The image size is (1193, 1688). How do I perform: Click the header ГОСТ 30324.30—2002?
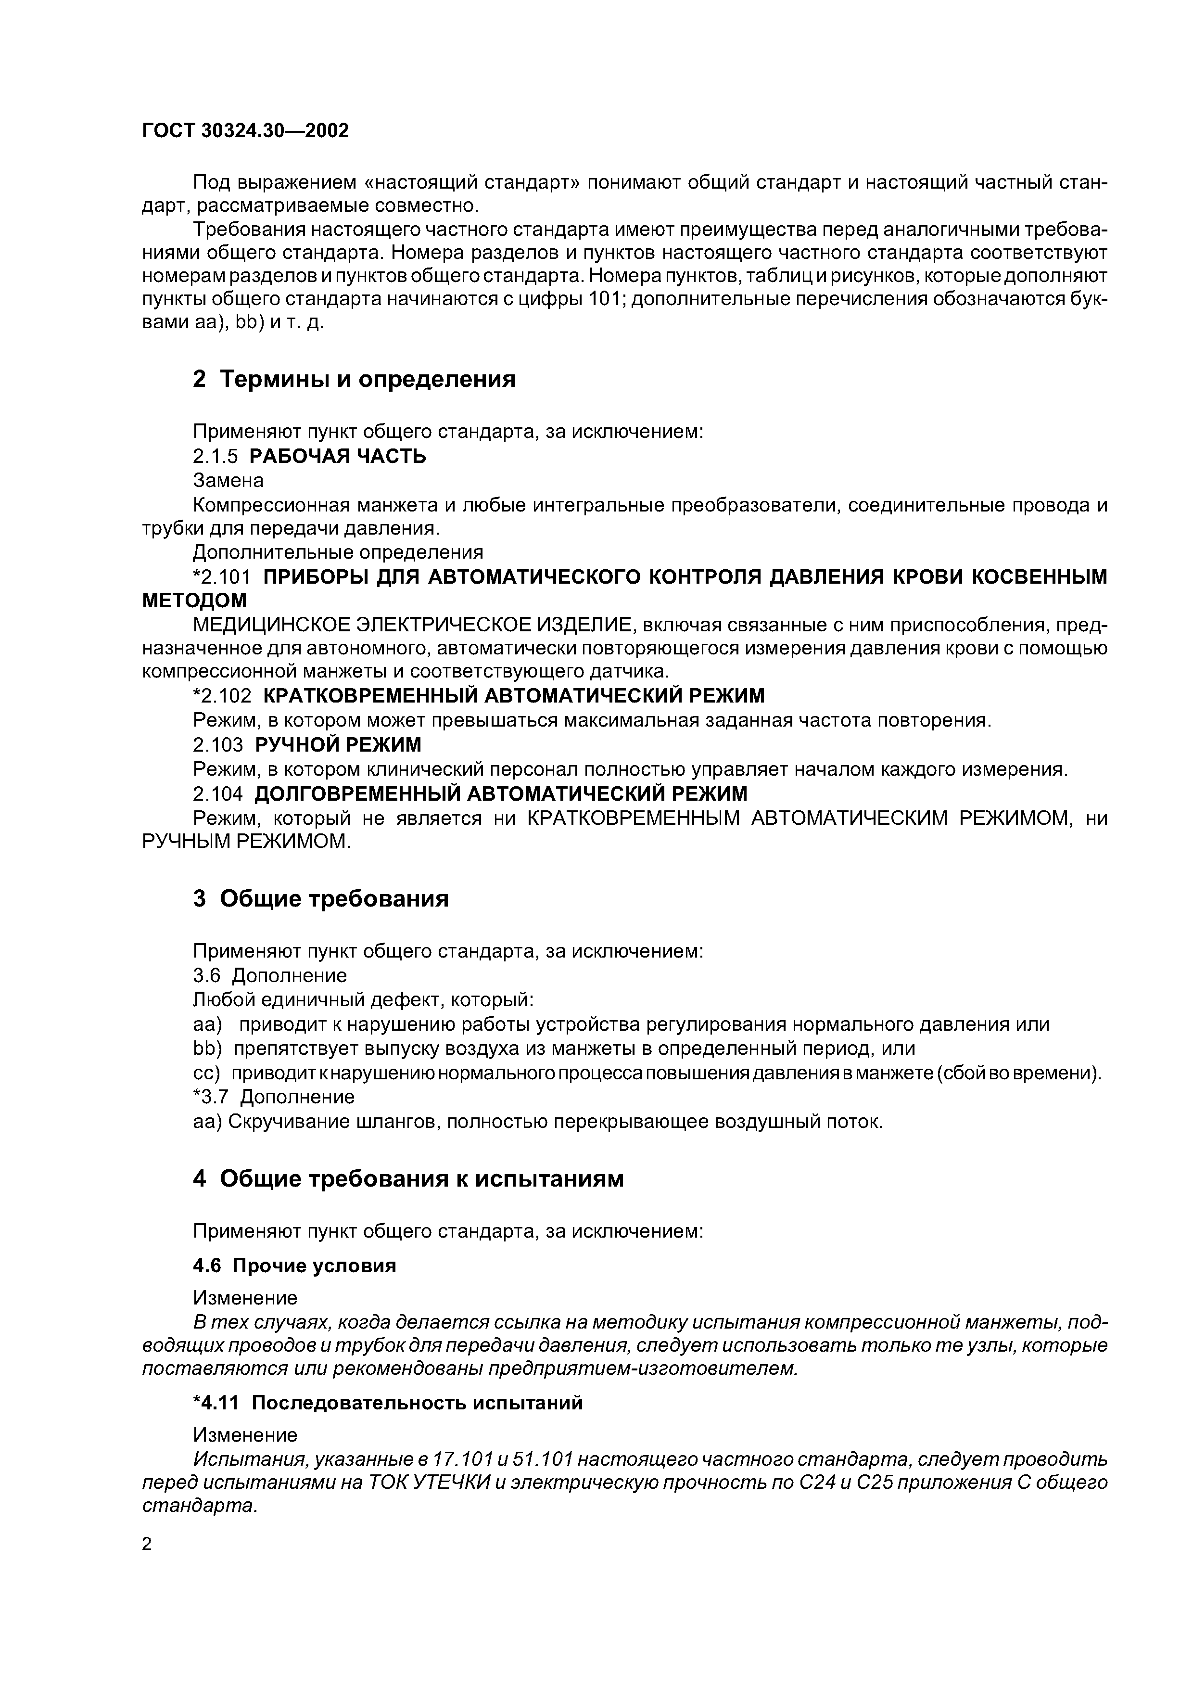point(245,131)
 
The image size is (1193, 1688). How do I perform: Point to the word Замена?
point(228,480)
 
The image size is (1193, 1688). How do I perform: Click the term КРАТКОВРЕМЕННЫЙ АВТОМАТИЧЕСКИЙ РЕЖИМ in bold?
point(513,695)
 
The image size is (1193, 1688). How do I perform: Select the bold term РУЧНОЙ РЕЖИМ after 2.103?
point(338,745)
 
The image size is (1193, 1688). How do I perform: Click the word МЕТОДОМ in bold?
point(194,601)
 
